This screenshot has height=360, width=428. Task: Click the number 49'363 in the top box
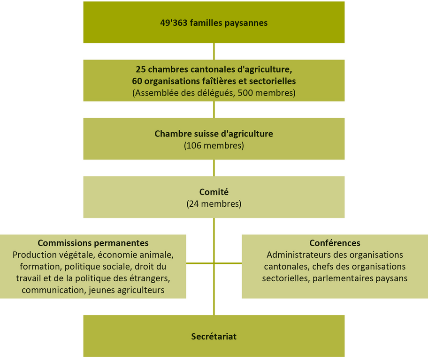coord(174,22)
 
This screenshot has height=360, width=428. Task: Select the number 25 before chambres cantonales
coord(141,69)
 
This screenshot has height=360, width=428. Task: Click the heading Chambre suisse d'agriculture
coord(214,134)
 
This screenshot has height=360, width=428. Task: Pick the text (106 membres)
coord(214,145)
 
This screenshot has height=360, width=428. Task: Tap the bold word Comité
coord(214,192)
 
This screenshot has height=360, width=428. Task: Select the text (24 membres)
coord(214,204)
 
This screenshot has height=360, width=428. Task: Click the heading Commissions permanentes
coord(93,243)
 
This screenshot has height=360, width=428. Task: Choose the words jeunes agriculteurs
coord(126,290)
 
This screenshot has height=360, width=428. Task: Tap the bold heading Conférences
coord(335,243)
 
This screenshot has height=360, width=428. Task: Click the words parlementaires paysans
coord(360,278)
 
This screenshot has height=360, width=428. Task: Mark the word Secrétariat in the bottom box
coord(214,336)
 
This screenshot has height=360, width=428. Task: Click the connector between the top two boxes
coord(214,51)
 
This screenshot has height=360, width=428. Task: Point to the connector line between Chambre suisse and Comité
coord(214,168)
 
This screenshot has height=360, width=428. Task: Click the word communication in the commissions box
coord(53,290)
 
